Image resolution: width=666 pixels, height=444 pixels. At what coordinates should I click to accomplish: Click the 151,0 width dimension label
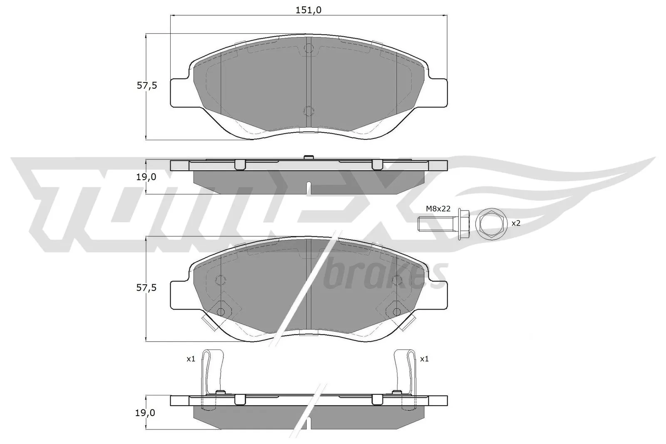pos(308,10)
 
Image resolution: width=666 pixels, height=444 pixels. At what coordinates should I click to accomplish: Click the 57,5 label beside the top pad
pos(147,86)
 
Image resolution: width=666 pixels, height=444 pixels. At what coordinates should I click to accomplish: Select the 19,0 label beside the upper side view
pos(147,176)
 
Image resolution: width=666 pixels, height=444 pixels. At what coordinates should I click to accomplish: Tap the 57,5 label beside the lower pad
pos(147,288)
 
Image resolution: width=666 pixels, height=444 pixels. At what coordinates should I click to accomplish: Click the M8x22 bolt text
pos(438,209)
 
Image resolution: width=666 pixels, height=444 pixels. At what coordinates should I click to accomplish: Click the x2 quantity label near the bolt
pos(516,223)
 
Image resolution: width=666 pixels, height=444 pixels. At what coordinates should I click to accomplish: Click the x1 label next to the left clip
pos(191,359)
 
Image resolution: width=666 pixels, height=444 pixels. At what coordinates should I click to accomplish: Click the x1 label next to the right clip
pos(424,359)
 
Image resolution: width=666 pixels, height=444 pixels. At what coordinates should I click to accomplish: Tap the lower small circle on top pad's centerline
pos(308,111)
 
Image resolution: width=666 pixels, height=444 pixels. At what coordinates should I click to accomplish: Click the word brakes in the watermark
pos(385,275)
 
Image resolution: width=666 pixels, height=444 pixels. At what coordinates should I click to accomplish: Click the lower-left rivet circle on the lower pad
pos(221,311)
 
